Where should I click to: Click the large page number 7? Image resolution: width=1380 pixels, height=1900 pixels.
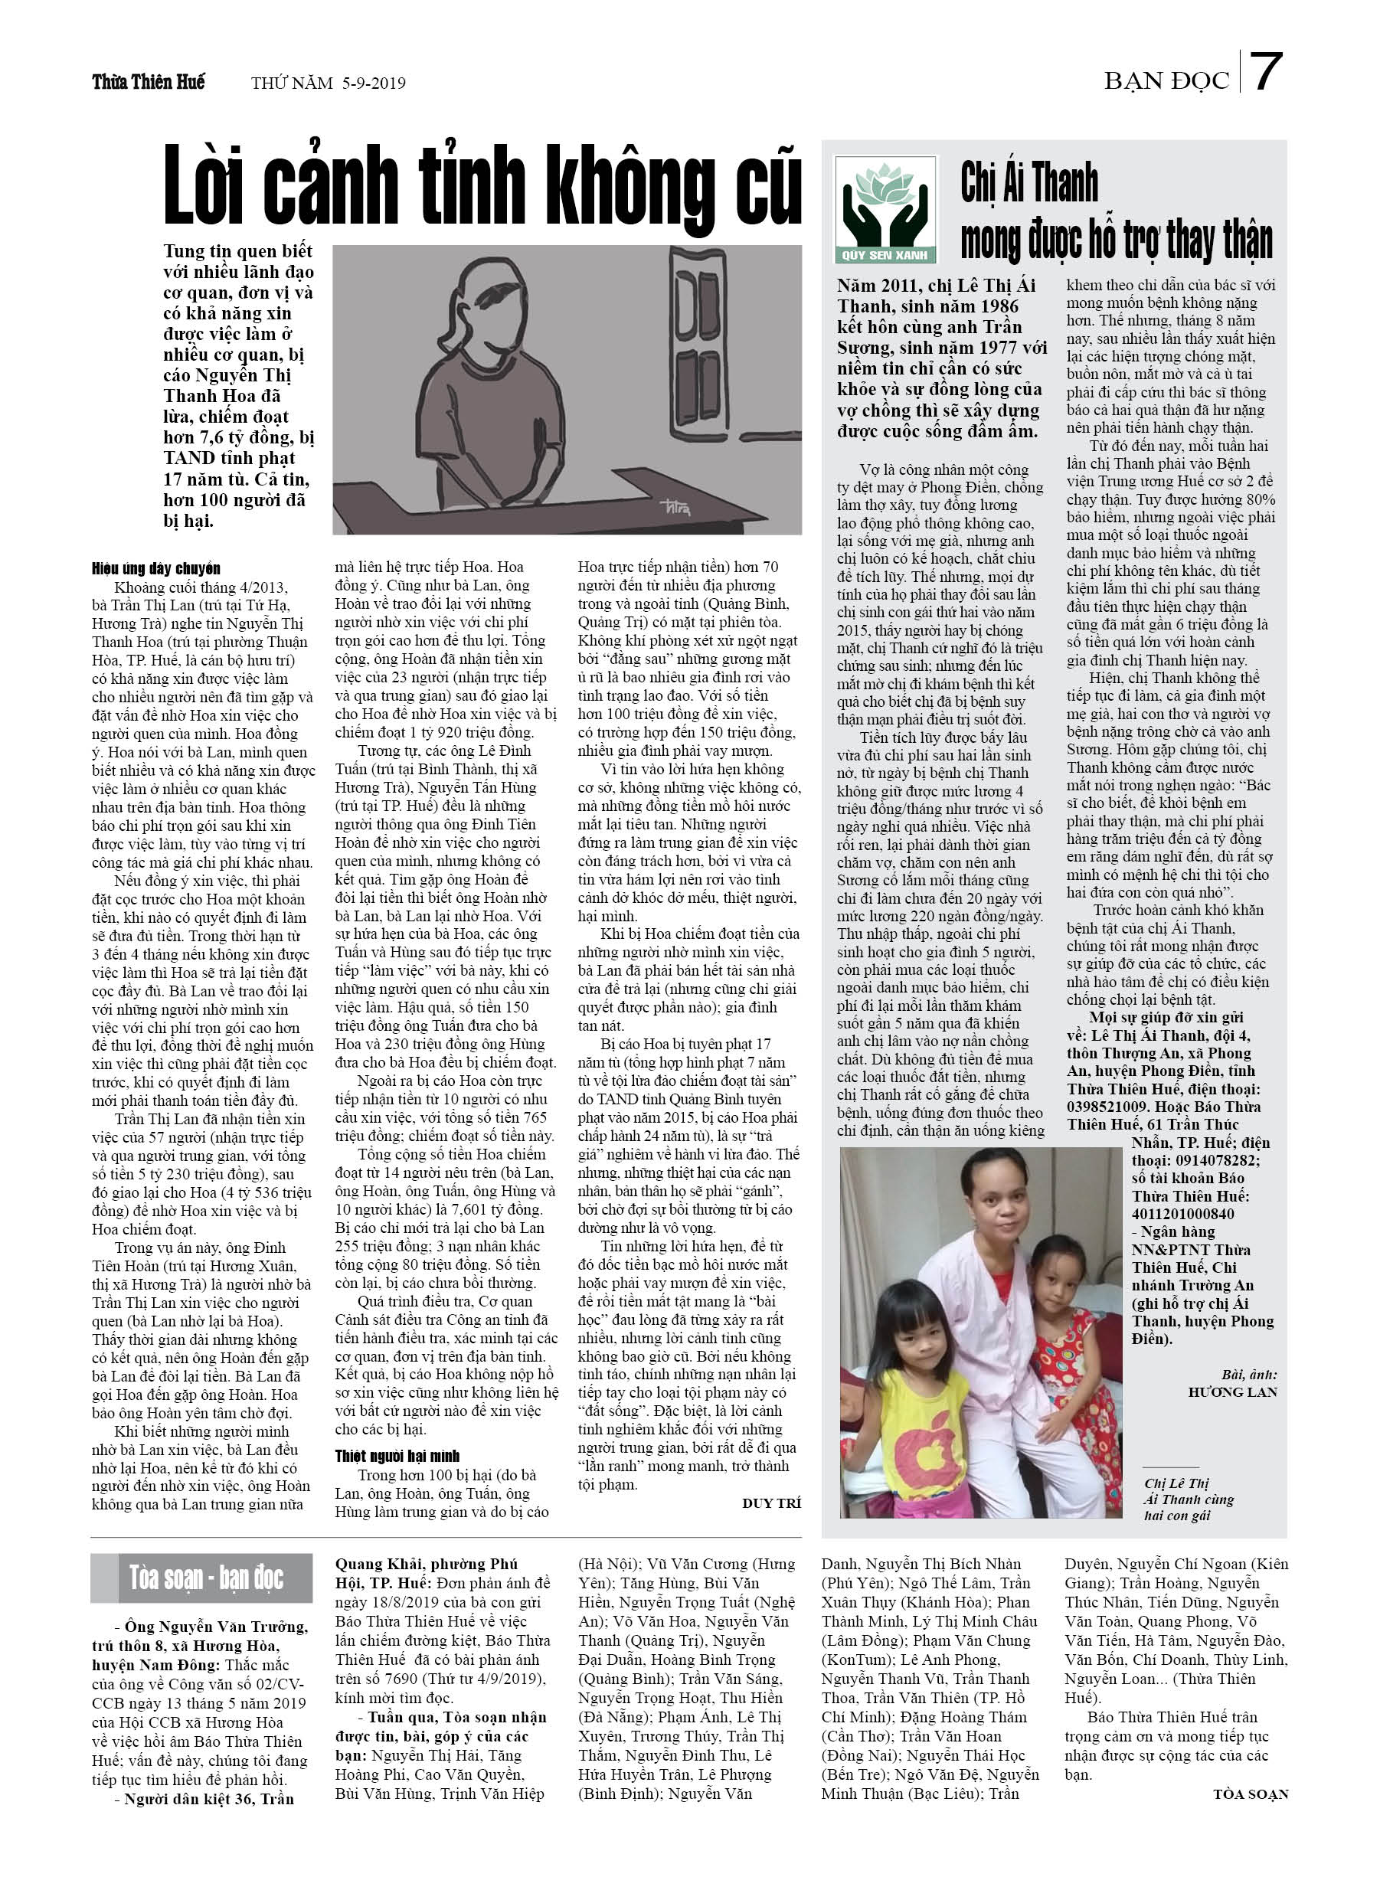tap(1267, 72)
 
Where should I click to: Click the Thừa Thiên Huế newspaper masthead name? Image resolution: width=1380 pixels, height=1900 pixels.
tap(149, 82)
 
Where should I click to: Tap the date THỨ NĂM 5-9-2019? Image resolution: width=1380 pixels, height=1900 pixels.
tap(329, 83)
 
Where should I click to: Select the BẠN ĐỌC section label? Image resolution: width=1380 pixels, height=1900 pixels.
tap(1166, 81)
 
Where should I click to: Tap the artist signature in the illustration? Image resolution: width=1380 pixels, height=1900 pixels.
tap(673, 507)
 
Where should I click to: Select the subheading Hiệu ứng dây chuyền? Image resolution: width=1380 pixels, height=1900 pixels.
tap(156, 569)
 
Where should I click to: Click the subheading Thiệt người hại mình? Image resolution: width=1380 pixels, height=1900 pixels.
tap(397, 1456)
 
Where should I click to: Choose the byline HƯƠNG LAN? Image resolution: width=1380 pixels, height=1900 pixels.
tap(1231, 1392)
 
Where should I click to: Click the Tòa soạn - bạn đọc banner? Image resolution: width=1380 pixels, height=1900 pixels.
tap(201, 1578)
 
